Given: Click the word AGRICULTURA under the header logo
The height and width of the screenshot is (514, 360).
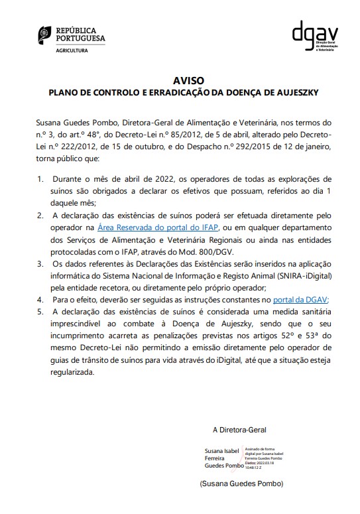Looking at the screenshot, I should point(71,50).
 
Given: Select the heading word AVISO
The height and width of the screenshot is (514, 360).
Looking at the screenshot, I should point(180,78).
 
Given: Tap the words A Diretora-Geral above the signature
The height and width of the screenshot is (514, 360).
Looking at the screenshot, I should point(238,429).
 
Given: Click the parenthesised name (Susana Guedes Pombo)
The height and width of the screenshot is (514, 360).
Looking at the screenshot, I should point(241,484).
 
